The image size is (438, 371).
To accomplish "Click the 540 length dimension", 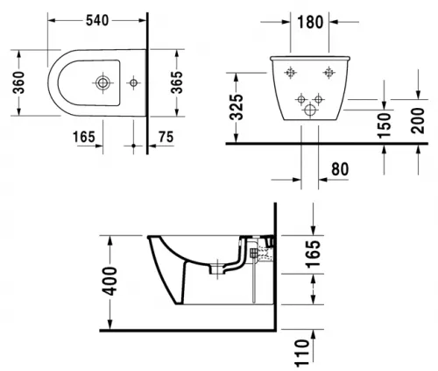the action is [97, 20].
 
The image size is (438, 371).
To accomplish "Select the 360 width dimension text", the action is [18, 82].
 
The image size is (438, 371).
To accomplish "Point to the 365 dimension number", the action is [177, 82].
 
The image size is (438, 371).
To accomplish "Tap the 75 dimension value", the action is [166, 137].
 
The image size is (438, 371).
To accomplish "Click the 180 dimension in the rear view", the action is [310, 22].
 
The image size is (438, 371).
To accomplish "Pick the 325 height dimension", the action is [237, 107].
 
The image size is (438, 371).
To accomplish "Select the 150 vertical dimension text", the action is [384, 125].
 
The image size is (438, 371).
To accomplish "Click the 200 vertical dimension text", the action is [418, 120].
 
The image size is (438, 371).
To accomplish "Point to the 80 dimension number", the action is [340, 169].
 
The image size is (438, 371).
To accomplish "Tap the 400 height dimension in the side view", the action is [109, 281].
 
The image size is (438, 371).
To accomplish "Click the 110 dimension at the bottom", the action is [302, 353].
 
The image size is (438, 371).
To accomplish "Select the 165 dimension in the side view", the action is [313, 254].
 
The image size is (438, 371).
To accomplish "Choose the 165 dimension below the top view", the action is [84, 137].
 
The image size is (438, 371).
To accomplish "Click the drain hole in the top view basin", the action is [102, 83].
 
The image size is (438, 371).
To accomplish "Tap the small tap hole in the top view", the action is [133, 83].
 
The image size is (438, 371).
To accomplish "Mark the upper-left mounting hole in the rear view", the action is [290, 72].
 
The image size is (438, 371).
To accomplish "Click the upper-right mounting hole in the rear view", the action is [329, 72].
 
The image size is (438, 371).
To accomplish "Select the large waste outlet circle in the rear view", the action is [310, 111].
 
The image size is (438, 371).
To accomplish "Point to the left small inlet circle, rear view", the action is [301, 99].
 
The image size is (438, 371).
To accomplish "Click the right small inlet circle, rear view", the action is [318, 99].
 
